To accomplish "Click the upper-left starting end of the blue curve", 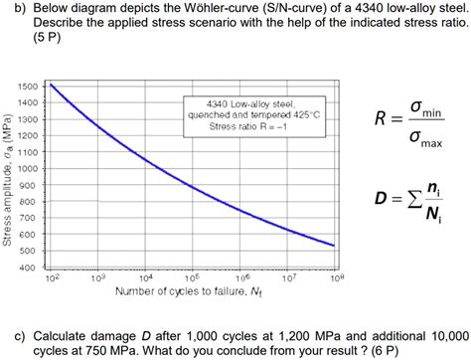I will tap(51, 86).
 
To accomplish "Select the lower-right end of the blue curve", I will tap(334, 246).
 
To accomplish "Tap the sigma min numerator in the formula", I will tap(424, 109).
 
